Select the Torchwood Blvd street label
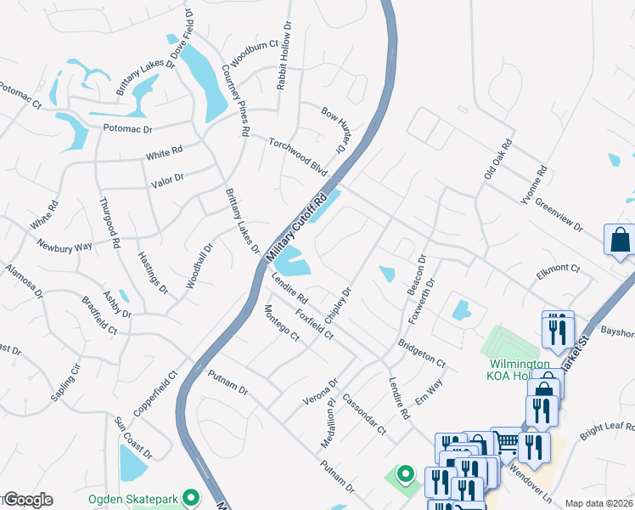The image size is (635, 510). point(298,156)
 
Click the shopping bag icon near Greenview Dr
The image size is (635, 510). point(619,241)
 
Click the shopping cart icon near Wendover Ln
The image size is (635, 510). point(506,440)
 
